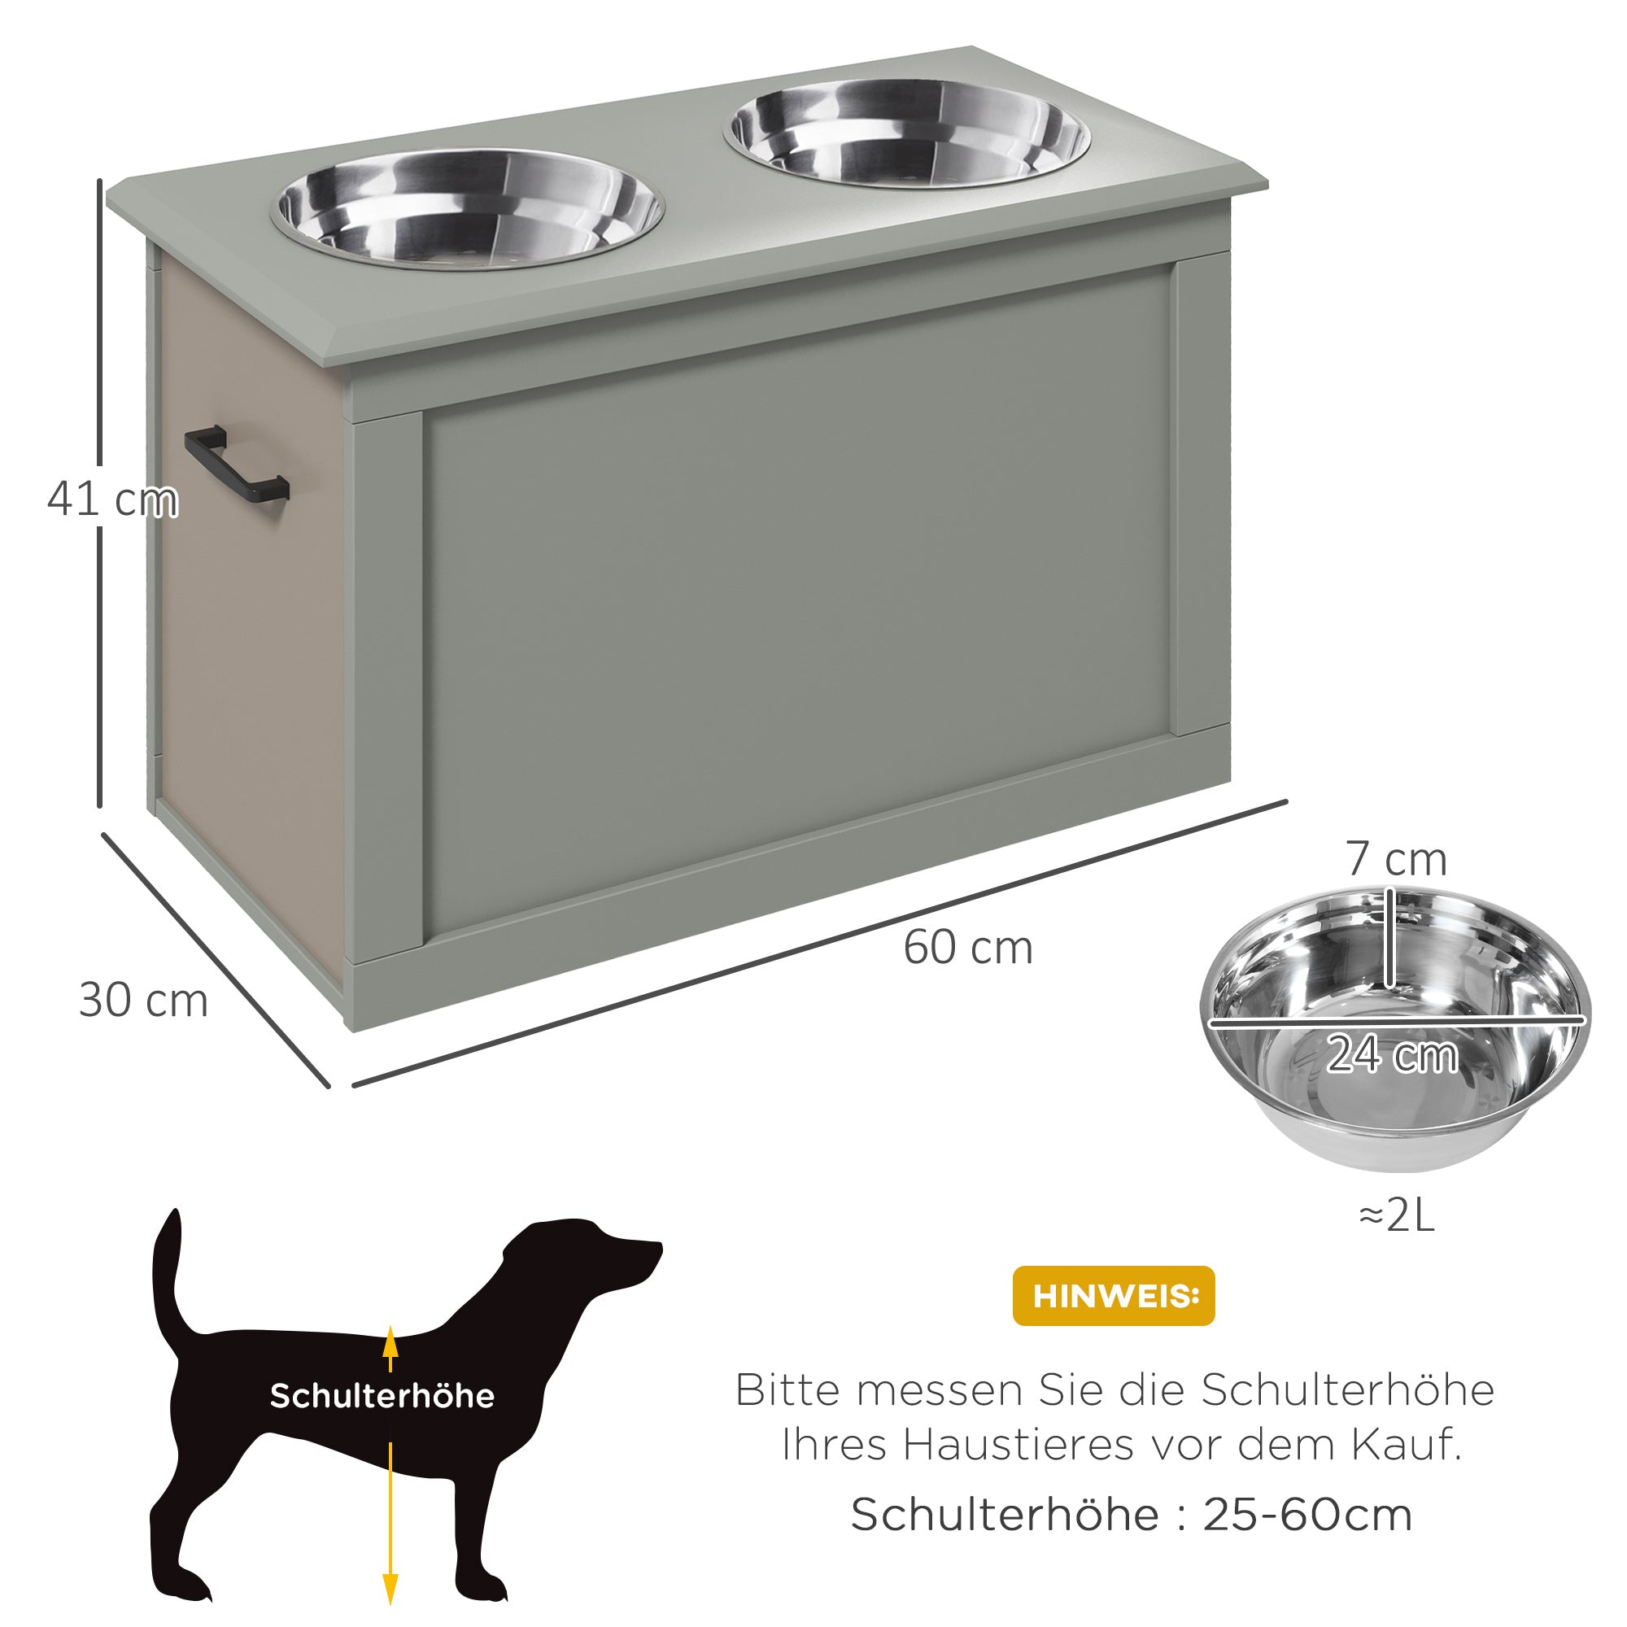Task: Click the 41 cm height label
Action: (x=113, y=499)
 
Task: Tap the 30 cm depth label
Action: (x=143, y=1001)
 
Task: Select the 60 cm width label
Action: (x=967, y=948)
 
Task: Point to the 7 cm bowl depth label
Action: (x=1396, y=859)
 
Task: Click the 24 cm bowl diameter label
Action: (x=1392, y=1054)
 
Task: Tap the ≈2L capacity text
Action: (x=1396, y=1216)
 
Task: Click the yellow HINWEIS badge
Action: (x=1114, y=1296)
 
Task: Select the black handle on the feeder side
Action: (x=237, y=463)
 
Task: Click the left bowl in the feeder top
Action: (x=468, y=210)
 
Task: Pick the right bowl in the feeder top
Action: (x=907, y=133)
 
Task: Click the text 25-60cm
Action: (x=1307, y=1516)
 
